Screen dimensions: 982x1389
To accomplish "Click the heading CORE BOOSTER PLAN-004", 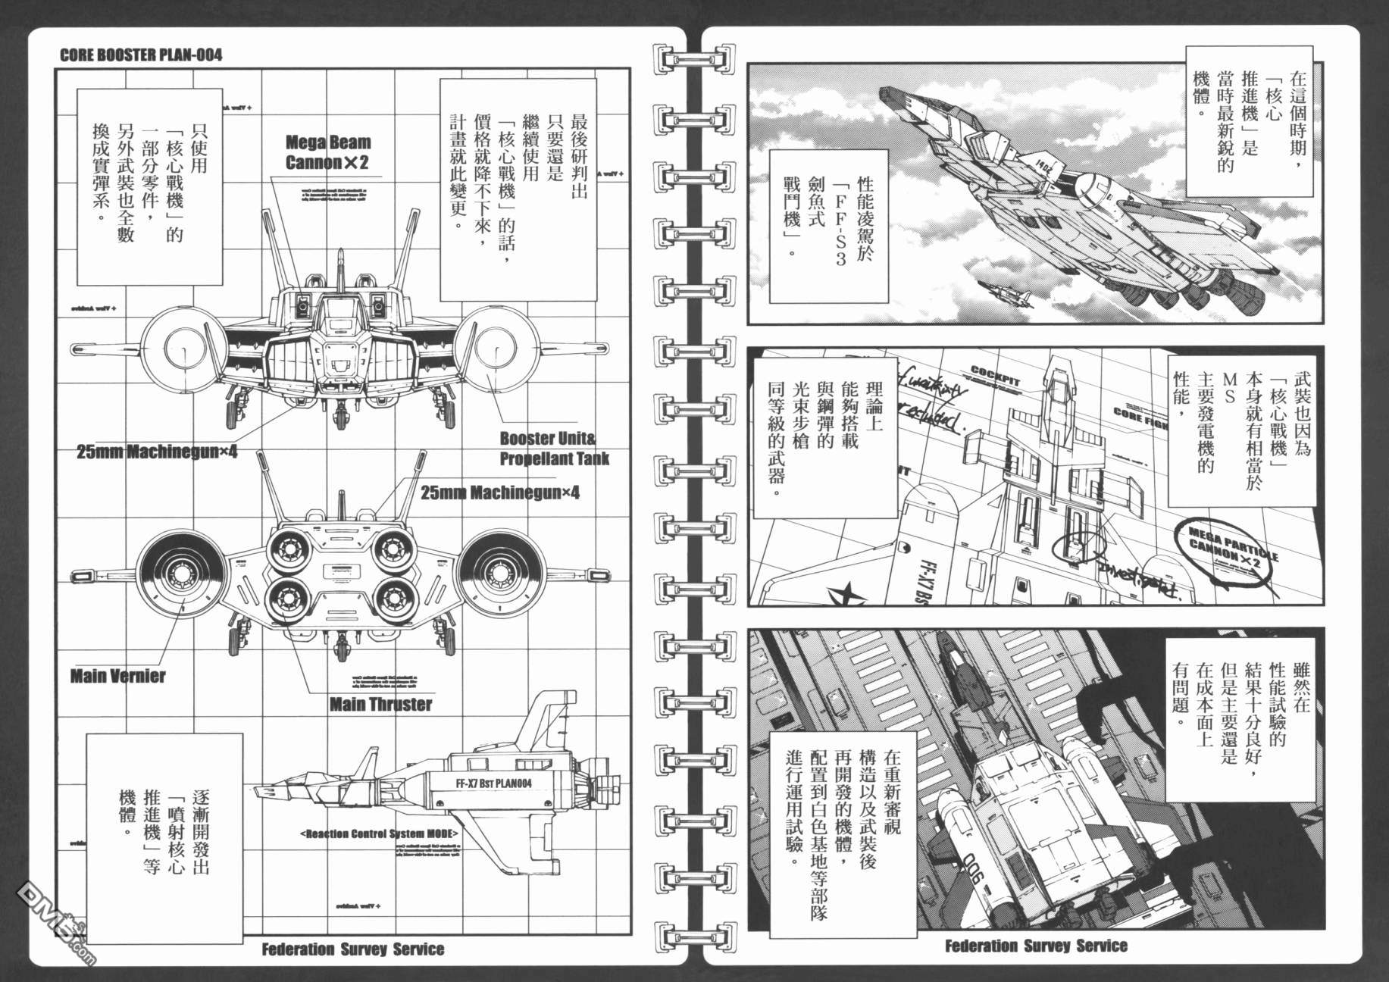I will pos(140,55).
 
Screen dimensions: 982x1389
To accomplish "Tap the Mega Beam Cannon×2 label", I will pos(327,152).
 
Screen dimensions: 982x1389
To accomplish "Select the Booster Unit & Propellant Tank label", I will pos(554,449).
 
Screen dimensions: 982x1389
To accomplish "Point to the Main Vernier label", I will pos(117,676).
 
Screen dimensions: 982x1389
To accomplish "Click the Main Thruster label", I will pos(380,704).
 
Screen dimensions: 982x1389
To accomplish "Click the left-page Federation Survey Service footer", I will pos(352,949).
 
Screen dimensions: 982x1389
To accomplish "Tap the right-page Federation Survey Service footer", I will pos(1035,946).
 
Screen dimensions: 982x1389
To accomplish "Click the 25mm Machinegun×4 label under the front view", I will pos(157,452).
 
